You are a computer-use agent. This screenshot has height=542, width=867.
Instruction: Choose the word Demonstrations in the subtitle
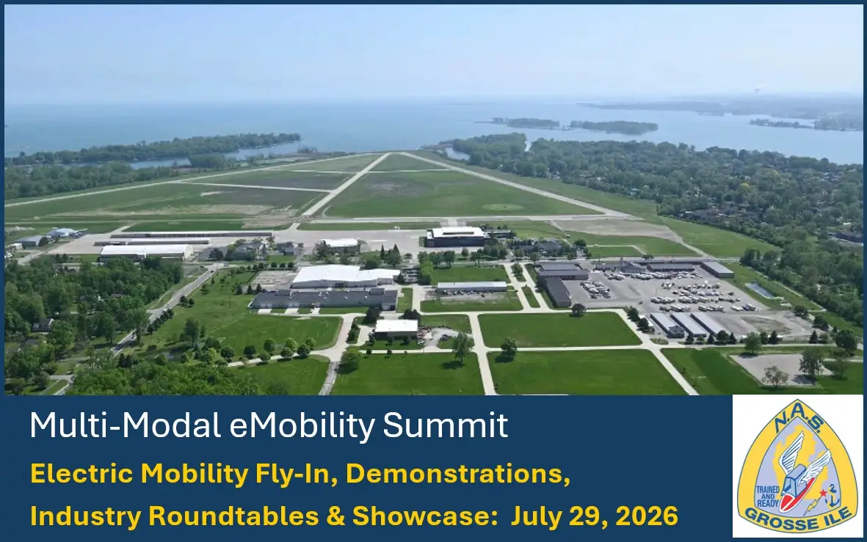pos(457,475)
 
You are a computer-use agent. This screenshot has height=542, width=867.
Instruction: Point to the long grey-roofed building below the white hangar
pos(323,298)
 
